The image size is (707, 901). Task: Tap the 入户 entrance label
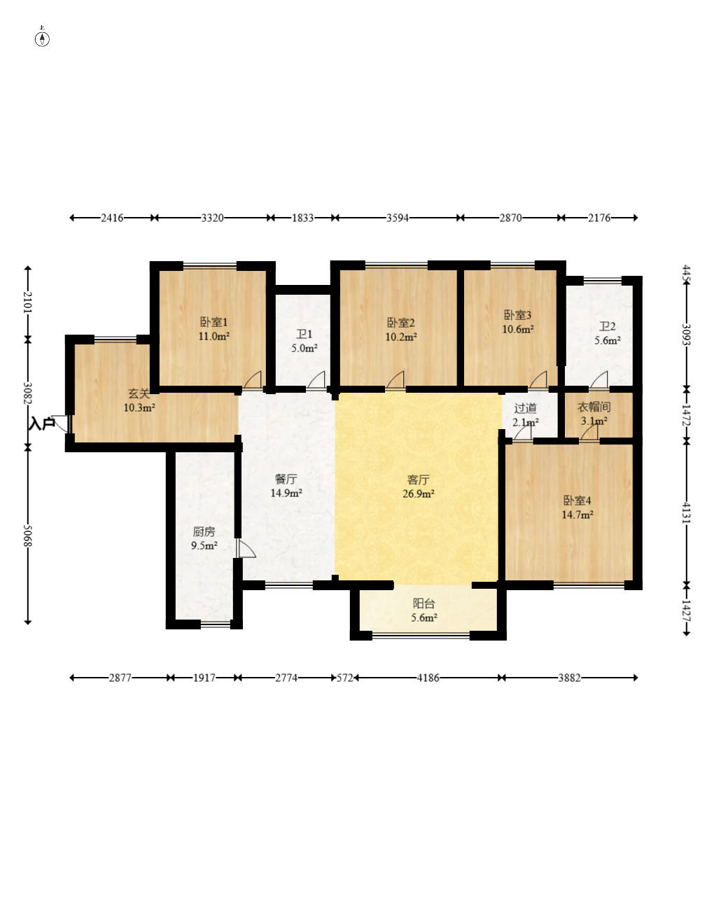coord(42,424)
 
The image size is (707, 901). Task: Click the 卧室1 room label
coord(213,322)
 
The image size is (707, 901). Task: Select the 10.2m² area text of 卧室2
coord(400,337)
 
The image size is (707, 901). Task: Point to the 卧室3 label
coord(517,315)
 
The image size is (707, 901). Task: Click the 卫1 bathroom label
coord(304,334)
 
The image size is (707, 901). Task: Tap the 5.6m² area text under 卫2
coord(607,340)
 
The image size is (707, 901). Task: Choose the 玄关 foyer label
coord(139,393)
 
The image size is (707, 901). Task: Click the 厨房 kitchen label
coord(204,531)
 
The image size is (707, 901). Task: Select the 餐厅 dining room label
coord(286,479)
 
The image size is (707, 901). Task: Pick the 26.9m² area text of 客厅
coord(418,494)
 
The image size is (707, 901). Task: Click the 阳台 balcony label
coord(423,603)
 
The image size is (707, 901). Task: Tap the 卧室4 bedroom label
coord(577,501)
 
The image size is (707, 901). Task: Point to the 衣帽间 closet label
coord(594,407)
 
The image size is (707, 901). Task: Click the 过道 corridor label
coord(525,408)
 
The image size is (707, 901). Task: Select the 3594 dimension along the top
coord(398,218)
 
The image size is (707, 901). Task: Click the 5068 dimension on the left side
coord(27,536)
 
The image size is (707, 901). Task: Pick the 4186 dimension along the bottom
coord(428,678)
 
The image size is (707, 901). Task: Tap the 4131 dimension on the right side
coord(686,512)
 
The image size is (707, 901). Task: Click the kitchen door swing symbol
coord(245,548)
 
